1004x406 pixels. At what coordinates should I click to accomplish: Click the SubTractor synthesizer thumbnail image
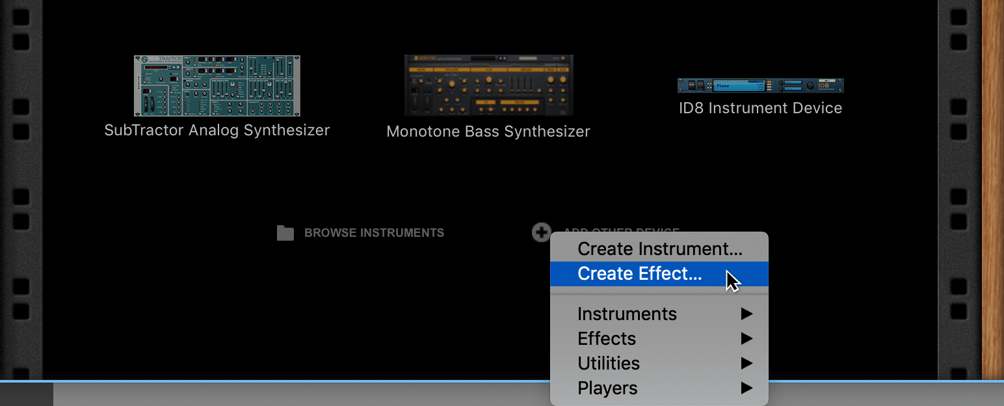click(217, 86)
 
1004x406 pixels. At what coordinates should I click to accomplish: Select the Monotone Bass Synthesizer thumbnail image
click(488, 85)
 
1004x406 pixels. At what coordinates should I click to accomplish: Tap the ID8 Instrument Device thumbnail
click(760, 85)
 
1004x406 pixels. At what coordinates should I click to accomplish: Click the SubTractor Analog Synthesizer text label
click(217, 130)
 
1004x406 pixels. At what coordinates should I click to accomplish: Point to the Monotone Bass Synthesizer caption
click(488, 131)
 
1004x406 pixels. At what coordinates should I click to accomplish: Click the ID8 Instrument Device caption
click(760, 108)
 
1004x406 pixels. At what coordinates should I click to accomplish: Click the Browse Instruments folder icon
click(285, 233)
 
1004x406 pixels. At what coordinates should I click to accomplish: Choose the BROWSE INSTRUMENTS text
click(374, 233)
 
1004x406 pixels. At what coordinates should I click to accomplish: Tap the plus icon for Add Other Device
click(541, 232)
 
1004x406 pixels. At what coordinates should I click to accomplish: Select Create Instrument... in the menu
click(659, 249)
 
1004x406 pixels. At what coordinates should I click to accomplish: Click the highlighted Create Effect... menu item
click(640, 274)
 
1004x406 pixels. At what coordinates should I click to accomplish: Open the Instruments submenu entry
click(627, 314)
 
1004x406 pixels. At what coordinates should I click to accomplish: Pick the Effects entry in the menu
click(607, 339)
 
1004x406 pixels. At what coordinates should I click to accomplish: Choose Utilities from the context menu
click(609, 364)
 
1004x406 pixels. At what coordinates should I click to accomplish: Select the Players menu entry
click(607, 388)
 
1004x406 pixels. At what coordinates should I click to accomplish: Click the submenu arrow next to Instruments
click(746, 314)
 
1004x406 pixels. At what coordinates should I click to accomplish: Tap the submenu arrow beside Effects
click(746, 339)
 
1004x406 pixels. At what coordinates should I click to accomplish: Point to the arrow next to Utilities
click(746, 364)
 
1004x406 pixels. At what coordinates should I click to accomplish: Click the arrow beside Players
click(746, 388)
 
